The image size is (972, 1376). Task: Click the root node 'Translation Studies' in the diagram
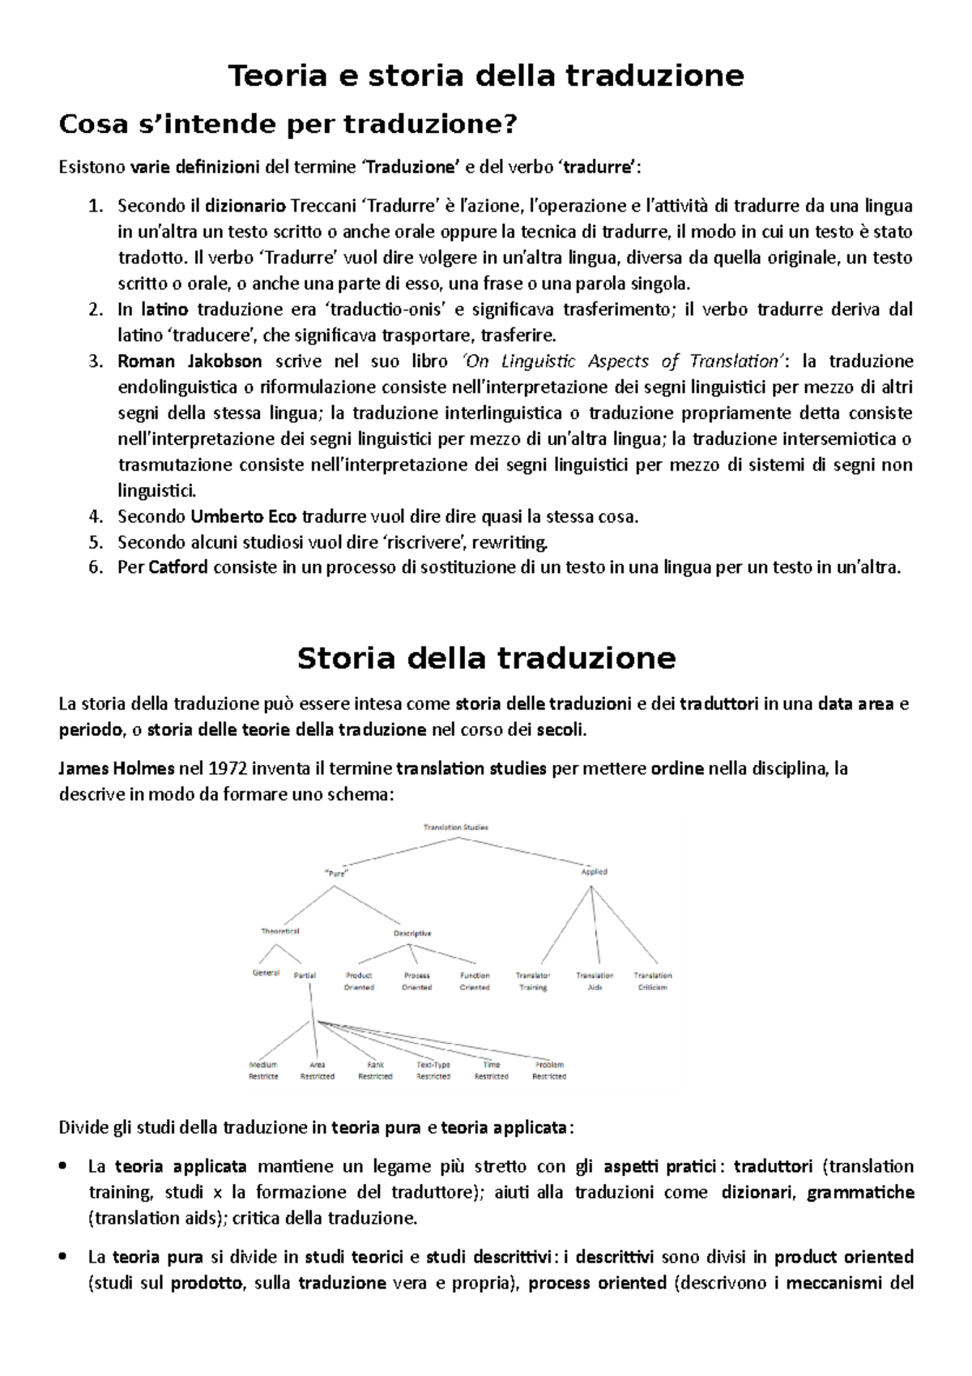tap(455, 827)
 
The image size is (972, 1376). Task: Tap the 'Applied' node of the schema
tap(594, 872)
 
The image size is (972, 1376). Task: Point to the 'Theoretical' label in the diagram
tap(280, 931)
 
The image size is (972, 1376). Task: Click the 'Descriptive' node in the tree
tap(412, 933)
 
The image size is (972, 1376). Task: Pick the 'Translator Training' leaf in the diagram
tap(533, 981)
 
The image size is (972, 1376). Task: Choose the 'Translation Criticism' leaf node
tap(653, 981)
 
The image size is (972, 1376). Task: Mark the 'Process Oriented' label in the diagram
tap(416, 981)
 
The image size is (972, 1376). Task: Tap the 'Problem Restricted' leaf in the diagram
tap(549, 1070)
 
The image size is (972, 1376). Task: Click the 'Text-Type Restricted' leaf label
tap(433, 1070)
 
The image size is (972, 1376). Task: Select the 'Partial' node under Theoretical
tap(305, 976)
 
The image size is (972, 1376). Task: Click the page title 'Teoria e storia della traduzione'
tap(486, 75)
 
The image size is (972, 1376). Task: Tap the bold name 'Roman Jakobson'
tap(190, 361)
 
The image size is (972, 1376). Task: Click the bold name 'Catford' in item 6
tap(178, 567)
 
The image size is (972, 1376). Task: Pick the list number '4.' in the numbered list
tap(96, 516)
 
